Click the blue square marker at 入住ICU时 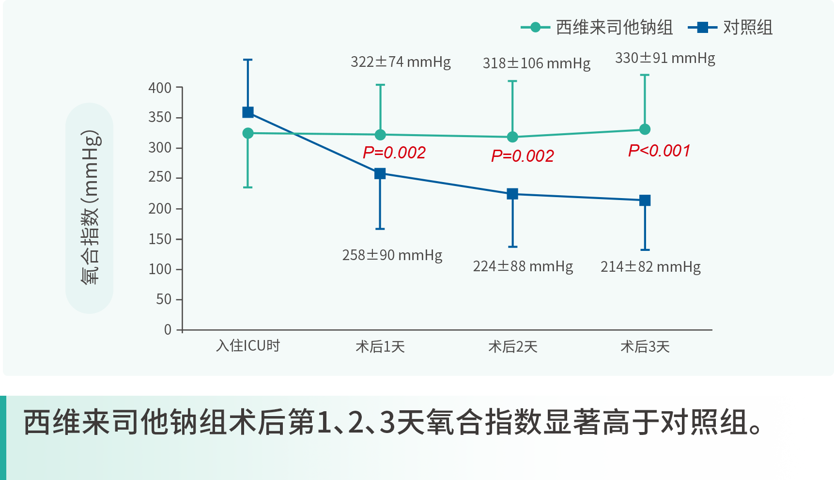tap(248, 112)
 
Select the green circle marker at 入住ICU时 tap(248, 133)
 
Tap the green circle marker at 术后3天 tap(645, 129)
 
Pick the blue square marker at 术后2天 tap(512, 194)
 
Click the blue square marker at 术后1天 tap(380, 173)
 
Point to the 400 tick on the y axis tap(160, 88)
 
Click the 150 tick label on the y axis tap(160, 239)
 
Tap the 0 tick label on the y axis tap(168, 330)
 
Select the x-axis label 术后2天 tap(513, 347)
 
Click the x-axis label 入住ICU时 tap(248, 346)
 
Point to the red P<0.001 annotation tap(659, 151)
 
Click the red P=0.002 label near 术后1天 tap(394, 153)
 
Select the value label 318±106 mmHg tap(537, 63)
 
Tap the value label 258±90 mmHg tap(392, 255)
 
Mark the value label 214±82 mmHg tap(650, 267)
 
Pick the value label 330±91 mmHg tap(665, 58)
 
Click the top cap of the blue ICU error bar tap(248, 60)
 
